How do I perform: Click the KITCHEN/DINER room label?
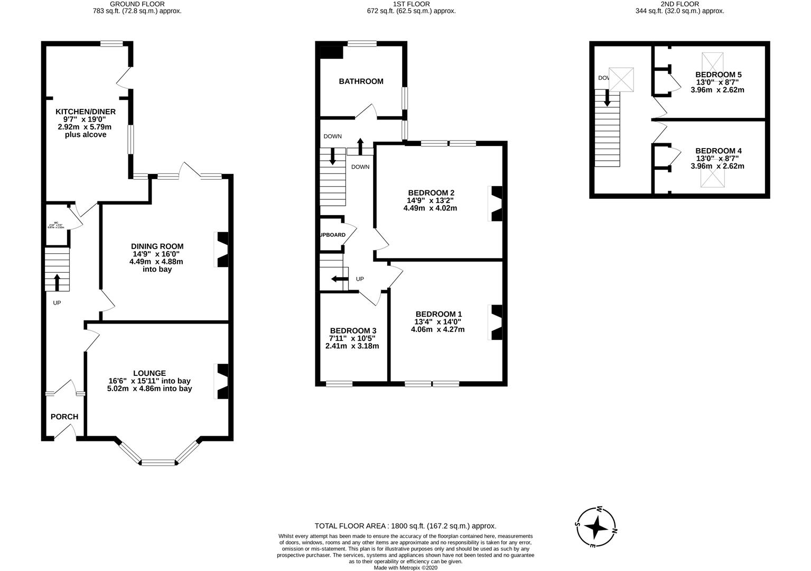(86, 112)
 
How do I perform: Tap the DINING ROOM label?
(157, 246)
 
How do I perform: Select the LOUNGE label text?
(150, 373)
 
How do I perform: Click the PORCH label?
(64, 417)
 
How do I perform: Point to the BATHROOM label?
(361, 81)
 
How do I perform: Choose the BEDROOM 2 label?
(431, 193)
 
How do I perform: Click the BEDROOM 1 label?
(438, 314)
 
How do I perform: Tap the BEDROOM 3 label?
(352, 330)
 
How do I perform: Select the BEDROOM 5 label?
(718, 75)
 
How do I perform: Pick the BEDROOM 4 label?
(718, 151)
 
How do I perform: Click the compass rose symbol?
(596, 527)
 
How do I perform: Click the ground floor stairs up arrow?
(57, 282)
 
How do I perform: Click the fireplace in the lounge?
(222, 381)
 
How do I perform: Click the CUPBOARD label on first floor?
(332, 235)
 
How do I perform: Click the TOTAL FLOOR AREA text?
(405, 526)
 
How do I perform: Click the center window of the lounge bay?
(159, 463)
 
